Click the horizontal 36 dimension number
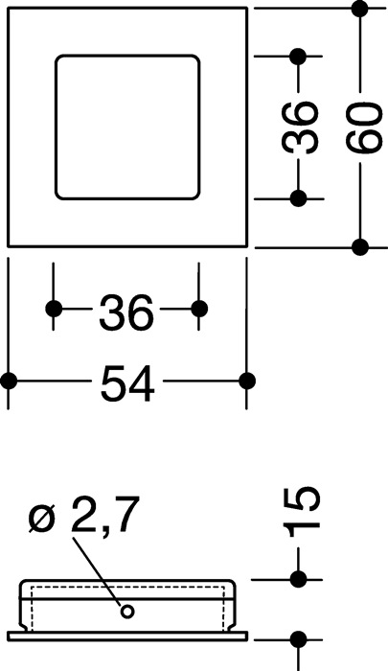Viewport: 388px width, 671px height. (x=126, y=312)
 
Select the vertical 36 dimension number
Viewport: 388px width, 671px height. (x=300, y=127)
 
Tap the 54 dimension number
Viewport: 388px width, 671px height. (x=127, y=383)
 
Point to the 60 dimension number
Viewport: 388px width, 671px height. (x=364, y=127)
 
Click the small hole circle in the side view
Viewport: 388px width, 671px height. (x=126, y=612)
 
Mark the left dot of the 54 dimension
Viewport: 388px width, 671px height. (x=8, y=381)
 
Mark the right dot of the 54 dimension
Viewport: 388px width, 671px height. (x=247, y=381)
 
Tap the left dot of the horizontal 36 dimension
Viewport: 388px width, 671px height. (x=54, y=308)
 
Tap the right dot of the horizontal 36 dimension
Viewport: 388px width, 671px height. (x=199, y=308)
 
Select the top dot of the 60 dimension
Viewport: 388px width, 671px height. (x=360, y=8)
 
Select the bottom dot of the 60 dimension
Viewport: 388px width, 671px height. (x=360, y=247)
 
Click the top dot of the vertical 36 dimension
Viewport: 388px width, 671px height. (x=298, y=56)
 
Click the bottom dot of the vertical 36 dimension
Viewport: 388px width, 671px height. (x=298, y=198)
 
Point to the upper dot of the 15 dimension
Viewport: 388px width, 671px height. (x=298, y=579)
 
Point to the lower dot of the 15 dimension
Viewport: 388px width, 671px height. (x=298, y=639)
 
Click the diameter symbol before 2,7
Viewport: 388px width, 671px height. (x=43, y=519)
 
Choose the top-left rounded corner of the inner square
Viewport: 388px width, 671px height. (x=60, y=59)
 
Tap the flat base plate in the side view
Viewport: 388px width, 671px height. (x=127, y=636)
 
